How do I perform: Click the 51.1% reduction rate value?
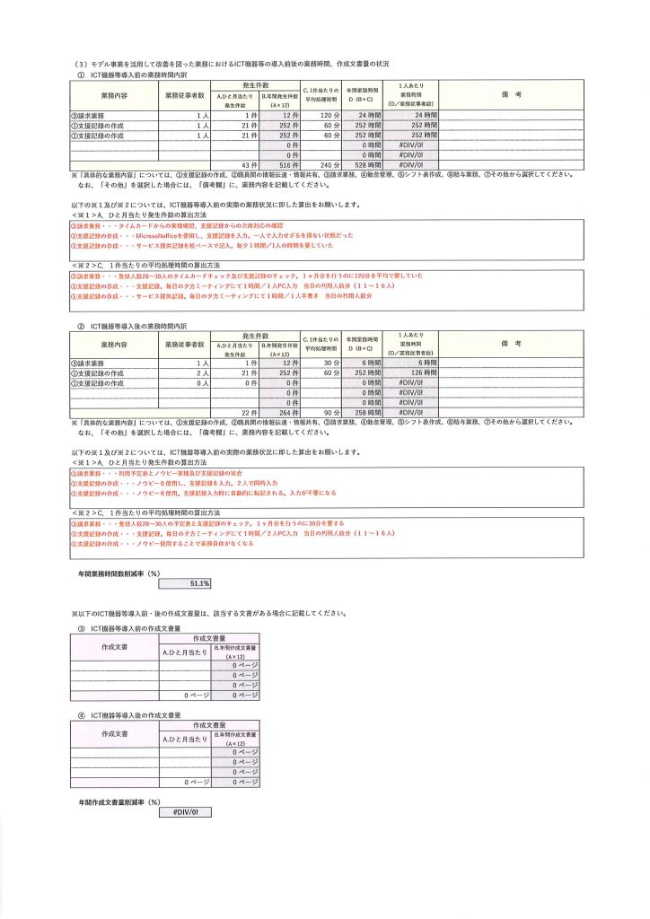click(184, 583)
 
